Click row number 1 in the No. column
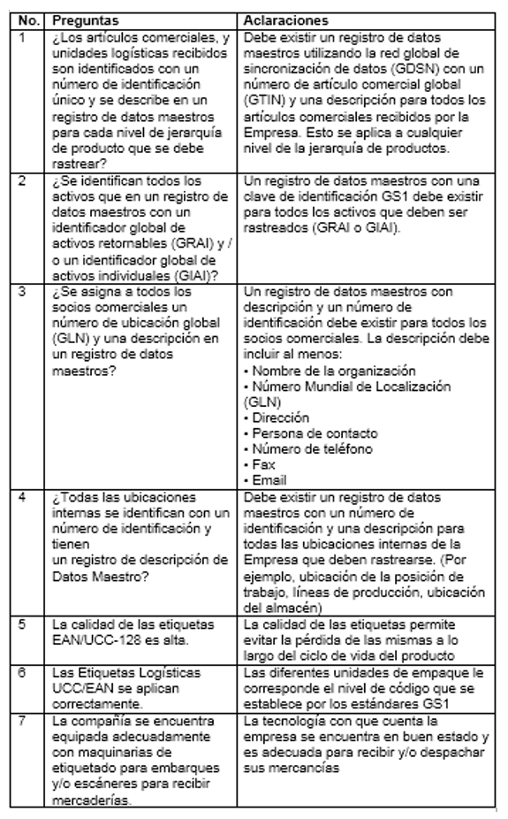pyautogui.click(x=25, y=36)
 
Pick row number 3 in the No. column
pyautogui.click(x=25, y=291)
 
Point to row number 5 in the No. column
pyautogui.click(x=25, y=624)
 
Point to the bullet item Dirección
pyautogui.click(x=277, y=417)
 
